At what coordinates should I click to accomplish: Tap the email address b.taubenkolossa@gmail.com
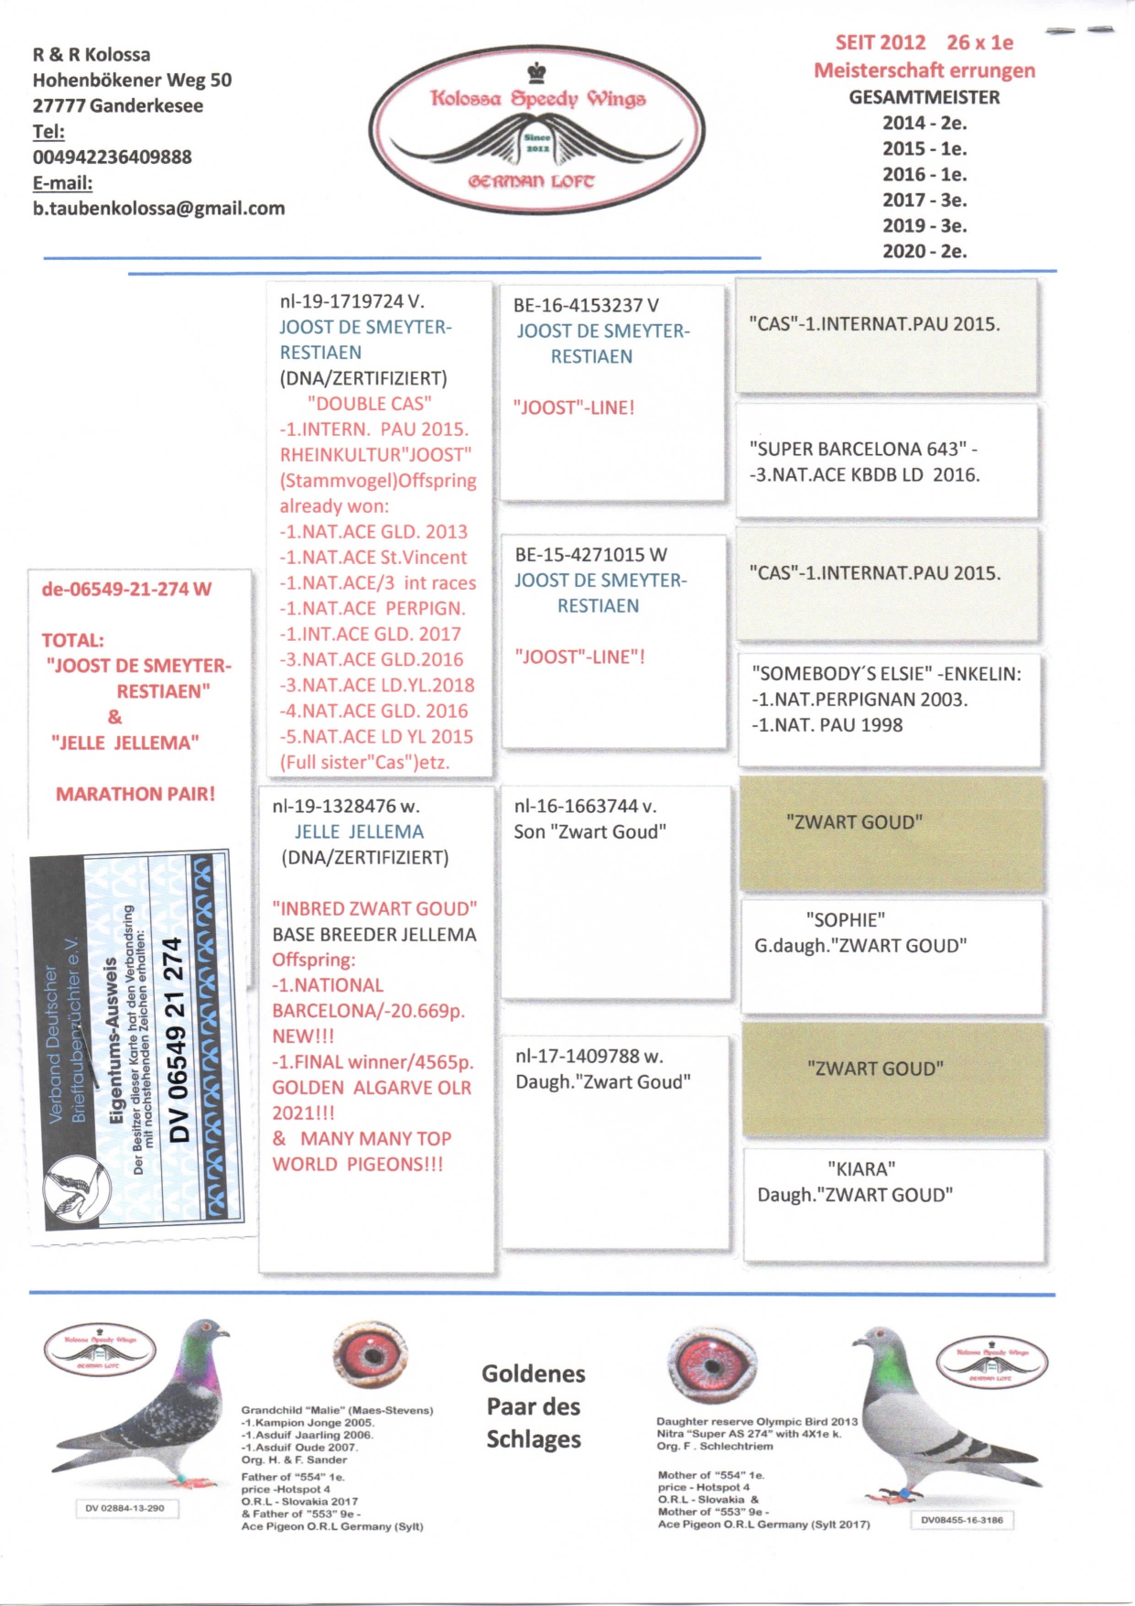click(x=158, y=209)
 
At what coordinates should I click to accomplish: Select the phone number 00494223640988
click(x=112, y=157)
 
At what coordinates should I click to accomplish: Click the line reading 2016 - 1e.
click(x=924, y=174)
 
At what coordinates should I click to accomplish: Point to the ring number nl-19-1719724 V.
click(x=351, y=301)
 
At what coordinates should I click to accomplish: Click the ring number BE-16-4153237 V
click(x=586, y=306)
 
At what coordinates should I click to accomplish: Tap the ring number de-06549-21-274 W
click(x=126, y=589)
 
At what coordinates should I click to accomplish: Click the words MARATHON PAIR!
click(x=135, y=794)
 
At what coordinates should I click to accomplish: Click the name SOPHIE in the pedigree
click(x=845, y=920)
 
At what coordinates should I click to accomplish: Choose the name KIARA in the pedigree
click(x=861, y=1169)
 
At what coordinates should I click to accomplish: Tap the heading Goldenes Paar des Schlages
click(x=534, y=1406)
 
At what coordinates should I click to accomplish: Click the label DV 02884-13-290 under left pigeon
click(x=125, y=1508)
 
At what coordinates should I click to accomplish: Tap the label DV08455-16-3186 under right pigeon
click(x=962, y=1520)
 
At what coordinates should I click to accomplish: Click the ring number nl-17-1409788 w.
click(x=589, y=1057)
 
